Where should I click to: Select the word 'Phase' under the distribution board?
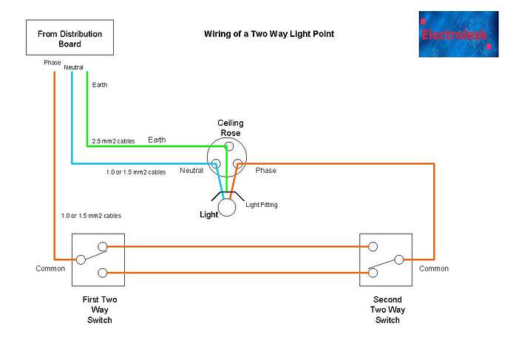[x=52, y=62]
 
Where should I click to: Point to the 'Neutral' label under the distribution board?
[x=73, y=67]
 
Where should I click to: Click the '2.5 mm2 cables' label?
[x=113, y=140]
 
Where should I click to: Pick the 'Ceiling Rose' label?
[x=230, y=128]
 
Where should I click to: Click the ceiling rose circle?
[x=228, y=157]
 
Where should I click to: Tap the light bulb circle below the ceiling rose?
[x=227, y=207]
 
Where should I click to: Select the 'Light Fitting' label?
[x=261, y=204]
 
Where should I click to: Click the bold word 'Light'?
[x=210, y=214]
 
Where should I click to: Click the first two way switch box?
[x=98, y=259]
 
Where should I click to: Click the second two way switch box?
[x=384, y=259]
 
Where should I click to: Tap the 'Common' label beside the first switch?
[x=50, y=269]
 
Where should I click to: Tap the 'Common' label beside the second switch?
[x=434, y=269]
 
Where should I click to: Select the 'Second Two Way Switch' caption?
[x=387, y=310]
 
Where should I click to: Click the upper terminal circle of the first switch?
[x=103, y=246]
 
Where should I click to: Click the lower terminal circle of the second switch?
[x=373, y=273]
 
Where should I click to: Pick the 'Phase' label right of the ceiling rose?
[x=265, y=171]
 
